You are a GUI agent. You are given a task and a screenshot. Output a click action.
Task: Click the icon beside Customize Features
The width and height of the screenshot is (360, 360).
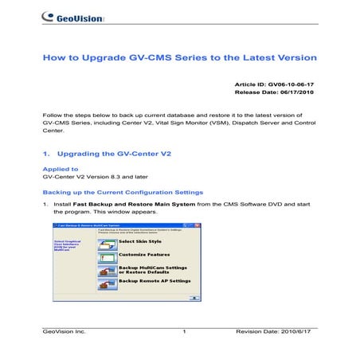pos(107,256)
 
